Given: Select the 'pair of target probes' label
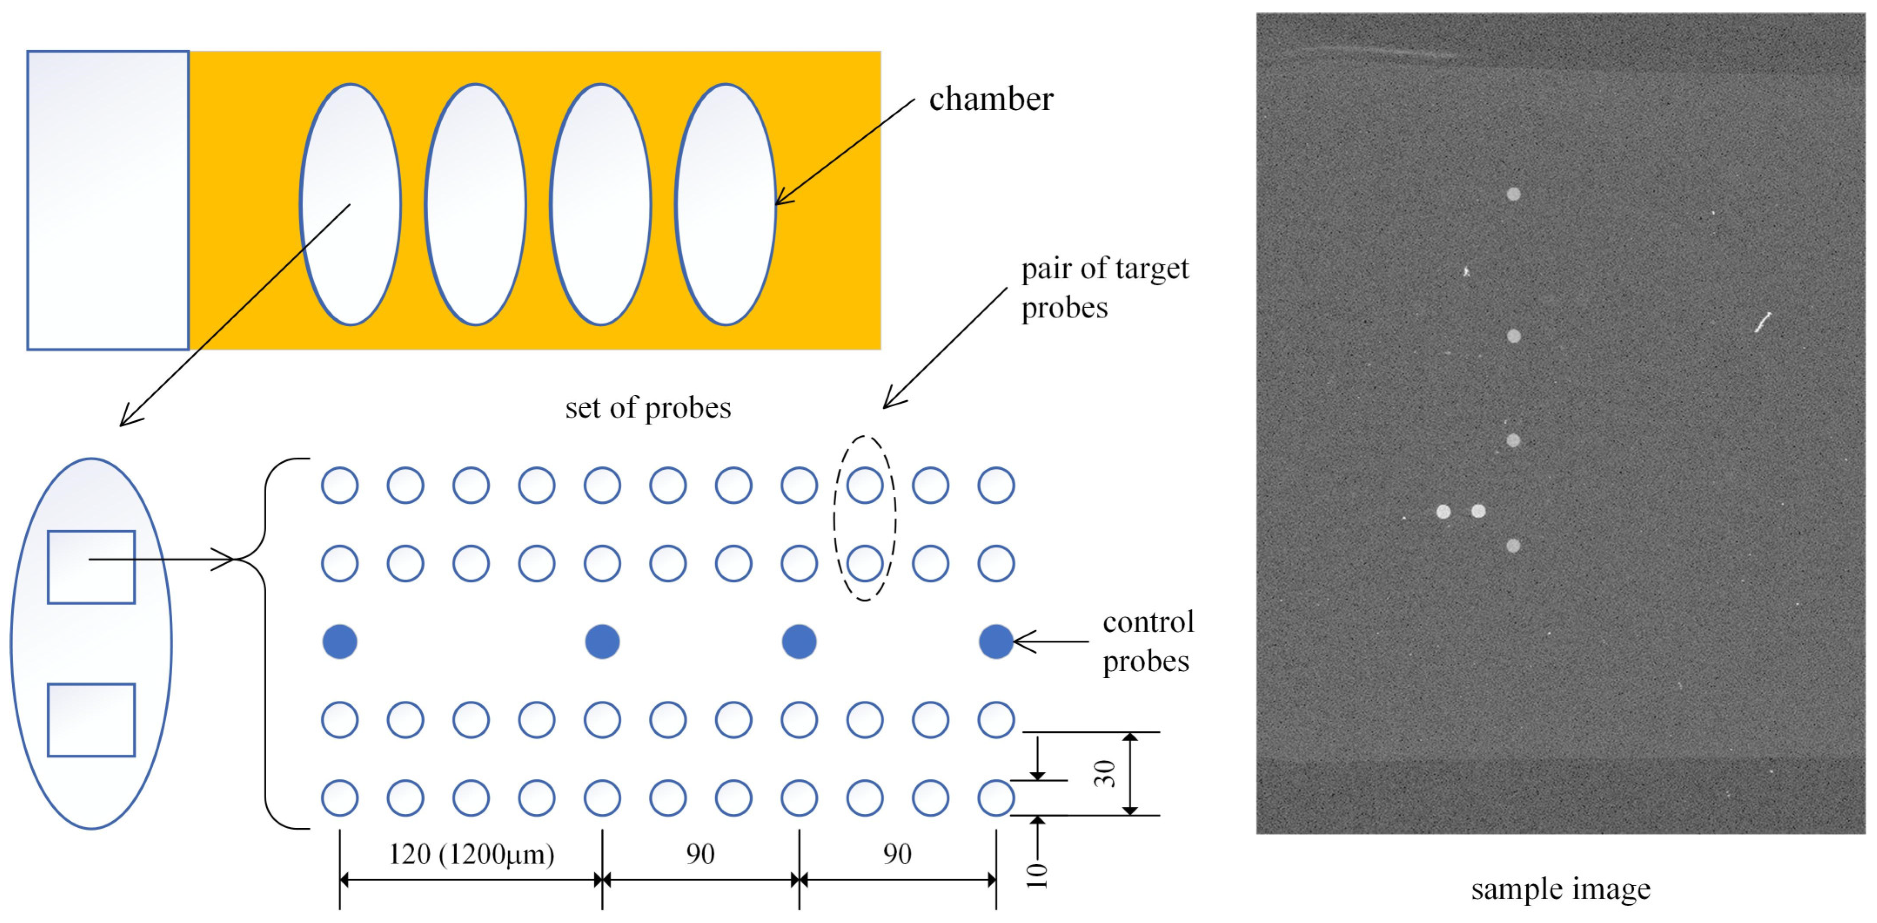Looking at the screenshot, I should point(1104,288).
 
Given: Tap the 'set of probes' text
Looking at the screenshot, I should point(648,408).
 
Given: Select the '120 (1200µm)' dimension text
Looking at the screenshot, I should point(471,854).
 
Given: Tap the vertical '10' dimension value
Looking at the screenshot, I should point(1037,875).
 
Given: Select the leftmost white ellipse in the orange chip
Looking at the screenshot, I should point(351,204).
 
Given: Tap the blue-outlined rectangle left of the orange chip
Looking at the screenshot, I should point(108,201).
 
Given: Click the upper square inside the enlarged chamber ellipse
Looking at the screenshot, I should point(91,567).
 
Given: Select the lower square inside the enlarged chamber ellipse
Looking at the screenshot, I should point(91,720).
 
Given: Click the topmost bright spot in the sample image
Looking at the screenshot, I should point(1513,194).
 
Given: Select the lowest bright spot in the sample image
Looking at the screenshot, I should point(1513,545).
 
